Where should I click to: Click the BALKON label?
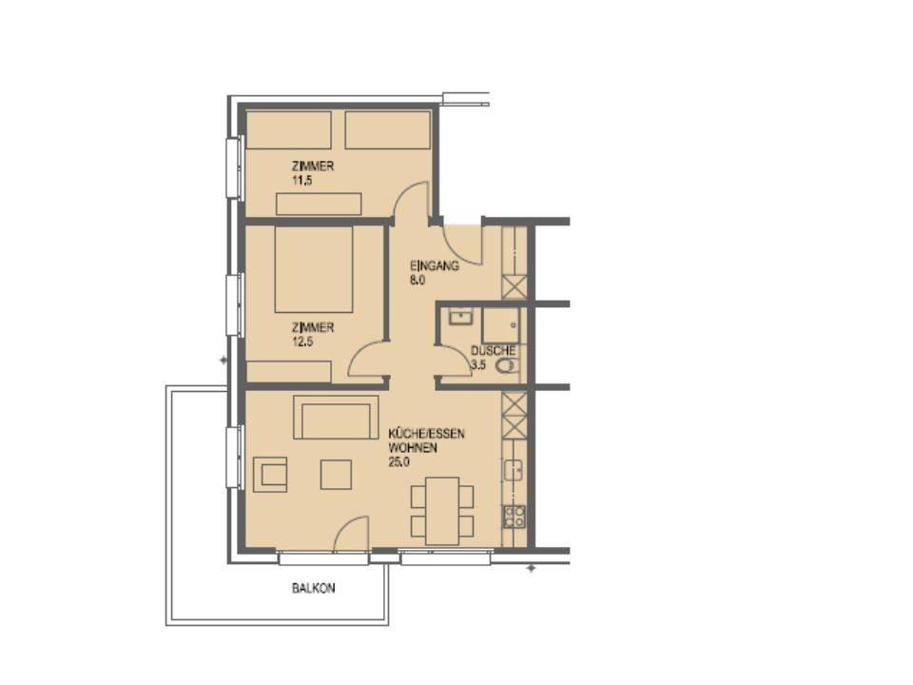pos(313,589)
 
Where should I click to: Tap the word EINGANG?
pos(435,265)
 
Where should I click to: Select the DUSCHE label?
pos(494,351)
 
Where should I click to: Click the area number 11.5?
pos(304,178)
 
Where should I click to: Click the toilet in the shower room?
pos(507,365)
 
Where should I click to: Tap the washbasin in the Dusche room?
pos(460,316)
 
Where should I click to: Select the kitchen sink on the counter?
pos(514,469)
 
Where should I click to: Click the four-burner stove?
pos(514,517)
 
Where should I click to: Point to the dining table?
pos(442,511)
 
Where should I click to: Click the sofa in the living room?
pos(336,418)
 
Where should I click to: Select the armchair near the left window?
pos(271,473)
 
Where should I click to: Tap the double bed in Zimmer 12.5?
pos(314,269)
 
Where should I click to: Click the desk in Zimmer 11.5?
pos(319,204)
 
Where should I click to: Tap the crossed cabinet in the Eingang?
pos(515,285)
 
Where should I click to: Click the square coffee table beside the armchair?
pos(336,474)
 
